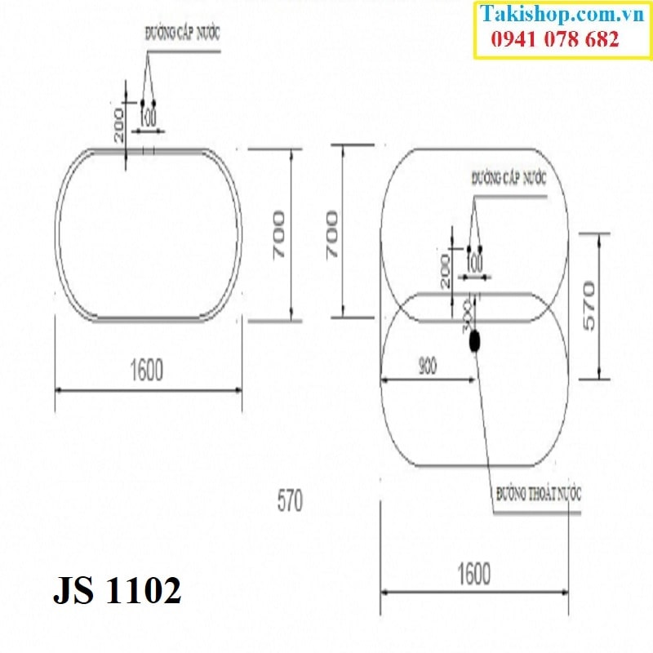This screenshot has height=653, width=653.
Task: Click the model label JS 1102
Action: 117,590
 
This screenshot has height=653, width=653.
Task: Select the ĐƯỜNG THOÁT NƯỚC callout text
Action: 539,494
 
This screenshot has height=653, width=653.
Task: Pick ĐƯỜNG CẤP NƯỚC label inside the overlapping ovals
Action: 509,177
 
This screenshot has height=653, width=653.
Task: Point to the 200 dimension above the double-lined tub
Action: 120,125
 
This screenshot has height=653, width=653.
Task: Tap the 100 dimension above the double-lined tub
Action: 148,118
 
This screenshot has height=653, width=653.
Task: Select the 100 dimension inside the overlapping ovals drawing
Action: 473,264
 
